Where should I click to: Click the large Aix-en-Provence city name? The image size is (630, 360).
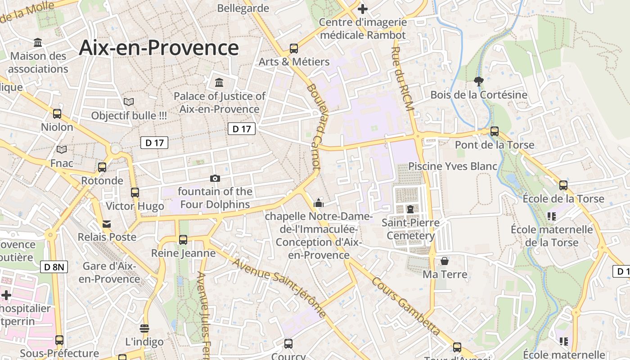[158, 48]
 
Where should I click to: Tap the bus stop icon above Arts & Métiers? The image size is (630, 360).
[294, 48]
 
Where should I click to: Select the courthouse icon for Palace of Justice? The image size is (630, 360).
[219, 82]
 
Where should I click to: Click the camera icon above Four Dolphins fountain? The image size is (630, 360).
[215, 178]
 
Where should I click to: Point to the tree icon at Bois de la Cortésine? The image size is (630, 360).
[479, 81]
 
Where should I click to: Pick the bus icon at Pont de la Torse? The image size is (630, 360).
[495, 131]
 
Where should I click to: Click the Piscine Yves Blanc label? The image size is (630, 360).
[452, 166]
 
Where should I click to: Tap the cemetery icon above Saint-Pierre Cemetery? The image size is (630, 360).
[410, 209]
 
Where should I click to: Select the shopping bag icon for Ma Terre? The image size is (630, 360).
[445, 261]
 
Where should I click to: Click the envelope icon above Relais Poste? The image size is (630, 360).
[107, 224]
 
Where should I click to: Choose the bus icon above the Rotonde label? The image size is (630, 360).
[102, 167]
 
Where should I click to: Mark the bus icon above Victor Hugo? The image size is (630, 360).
[135, 193]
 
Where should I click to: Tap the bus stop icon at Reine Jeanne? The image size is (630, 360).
[183, 240]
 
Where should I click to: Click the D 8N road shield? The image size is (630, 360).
[55, 267]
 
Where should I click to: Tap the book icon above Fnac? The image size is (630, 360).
[62, 149]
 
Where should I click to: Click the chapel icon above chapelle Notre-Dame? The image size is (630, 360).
[319, 203]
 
